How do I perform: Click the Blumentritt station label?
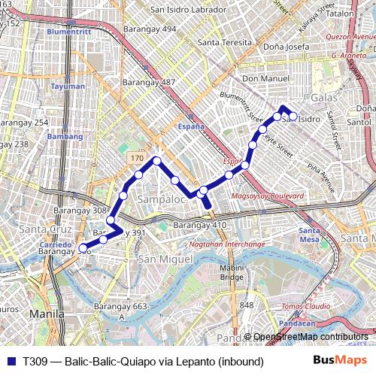[x=68, y=33]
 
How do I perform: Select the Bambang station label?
[x=65, y=137]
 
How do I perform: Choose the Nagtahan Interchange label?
[x=226, y=244]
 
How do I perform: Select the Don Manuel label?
[x=265, y=78]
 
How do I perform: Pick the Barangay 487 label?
[x=149, y=82]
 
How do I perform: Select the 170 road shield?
[x=136, y=159]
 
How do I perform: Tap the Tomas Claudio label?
[x=306, y=307]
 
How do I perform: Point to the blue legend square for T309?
[x=11, y=361]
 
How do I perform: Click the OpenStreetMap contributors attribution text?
[x=311, y=337]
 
